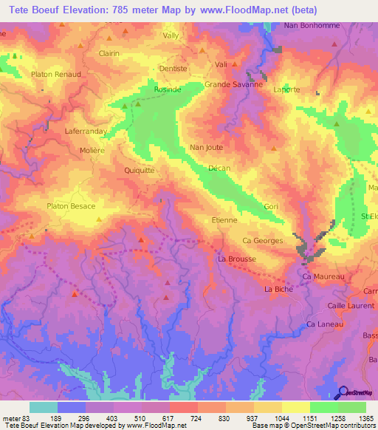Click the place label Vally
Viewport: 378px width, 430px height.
(171, 35)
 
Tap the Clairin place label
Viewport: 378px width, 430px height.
(109, 53)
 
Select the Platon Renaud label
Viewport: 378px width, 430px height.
(56, 75)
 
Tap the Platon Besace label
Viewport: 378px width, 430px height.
(71, 206)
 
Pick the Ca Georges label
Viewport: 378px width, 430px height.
(262, 241)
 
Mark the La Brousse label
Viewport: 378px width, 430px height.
(237, 259)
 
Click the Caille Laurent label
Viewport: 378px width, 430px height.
(351, 305)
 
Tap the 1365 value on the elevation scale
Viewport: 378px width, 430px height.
(365, 417)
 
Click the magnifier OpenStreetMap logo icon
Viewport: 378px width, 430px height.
(343, 392)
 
